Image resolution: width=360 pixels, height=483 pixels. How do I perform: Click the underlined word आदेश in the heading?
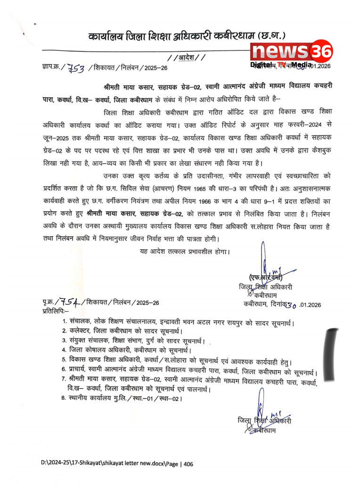click(186, 58)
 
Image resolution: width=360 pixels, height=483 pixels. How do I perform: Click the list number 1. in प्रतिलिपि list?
click(65, 323)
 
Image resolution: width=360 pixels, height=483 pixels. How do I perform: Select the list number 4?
click(65, 350)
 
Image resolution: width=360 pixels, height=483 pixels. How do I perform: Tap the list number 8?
click(65, 399)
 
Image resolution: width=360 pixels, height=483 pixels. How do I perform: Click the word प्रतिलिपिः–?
click(55, 312)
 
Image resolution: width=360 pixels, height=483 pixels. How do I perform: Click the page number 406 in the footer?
click(188, 464)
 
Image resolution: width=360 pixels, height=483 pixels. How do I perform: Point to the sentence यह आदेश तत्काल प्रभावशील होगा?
click(184, 251)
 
